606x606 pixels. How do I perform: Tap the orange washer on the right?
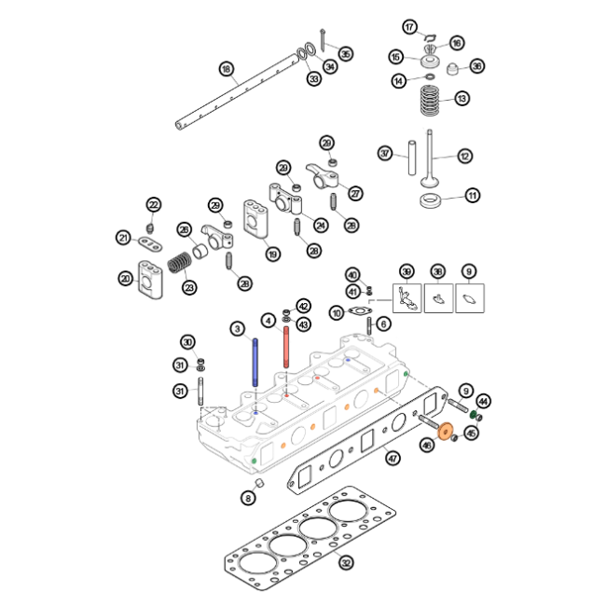coord(445,431)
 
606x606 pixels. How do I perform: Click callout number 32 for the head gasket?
coord(346,562)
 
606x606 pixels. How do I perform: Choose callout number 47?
coord(393,457)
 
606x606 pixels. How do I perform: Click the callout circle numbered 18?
coord(226,68)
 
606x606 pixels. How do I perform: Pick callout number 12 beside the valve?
coord(464,157)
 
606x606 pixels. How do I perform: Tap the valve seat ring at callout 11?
coord(431,202)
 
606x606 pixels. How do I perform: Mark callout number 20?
coord(126,278)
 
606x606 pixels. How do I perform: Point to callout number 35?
coord(345,53)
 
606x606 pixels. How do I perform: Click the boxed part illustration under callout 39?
coord(406,297)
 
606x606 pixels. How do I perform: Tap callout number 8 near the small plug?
coord(248,498)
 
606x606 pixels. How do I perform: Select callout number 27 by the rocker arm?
coord(355,193)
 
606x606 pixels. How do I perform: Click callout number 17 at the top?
coord(409,25)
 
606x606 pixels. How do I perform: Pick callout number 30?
coord(187,342)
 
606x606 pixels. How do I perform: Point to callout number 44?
coord(483,400)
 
